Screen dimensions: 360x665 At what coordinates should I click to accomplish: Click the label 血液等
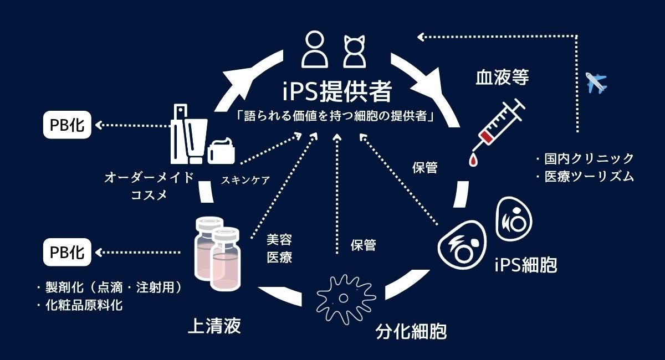click(502, 76)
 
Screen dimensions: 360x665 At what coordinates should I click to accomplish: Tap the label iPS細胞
click(525, 265)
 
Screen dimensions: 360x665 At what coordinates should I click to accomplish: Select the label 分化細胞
click(411, 331)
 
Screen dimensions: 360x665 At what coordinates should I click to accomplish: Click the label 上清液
click(214, 326)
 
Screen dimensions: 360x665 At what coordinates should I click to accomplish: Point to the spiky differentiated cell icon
click(344, 297)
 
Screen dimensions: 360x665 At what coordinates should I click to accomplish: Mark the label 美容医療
click(279, 248)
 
